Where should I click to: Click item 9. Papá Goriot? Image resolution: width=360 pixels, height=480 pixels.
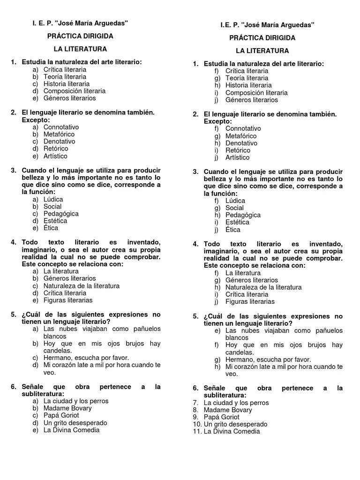(217, 417)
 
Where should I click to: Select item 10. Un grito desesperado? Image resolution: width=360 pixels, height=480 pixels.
(230, 424)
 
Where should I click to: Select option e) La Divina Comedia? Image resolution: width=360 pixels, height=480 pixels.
(71, 430)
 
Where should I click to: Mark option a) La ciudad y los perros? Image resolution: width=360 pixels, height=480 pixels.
(75, 401)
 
